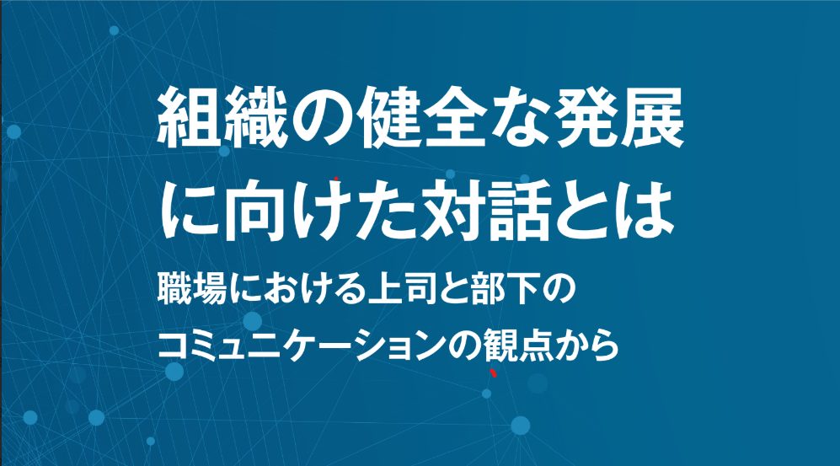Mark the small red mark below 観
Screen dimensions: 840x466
[x=494, y=372]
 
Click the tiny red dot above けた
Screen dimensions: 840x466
[x=336, y=178]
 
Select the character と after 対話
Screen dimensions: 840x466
[x=584, y=211]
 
